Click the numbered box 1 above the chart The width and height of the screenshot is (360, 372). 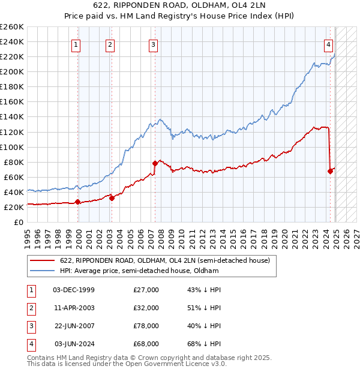pos(77,44)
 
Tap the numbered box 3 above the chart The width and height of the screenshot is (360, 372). pos(154,44)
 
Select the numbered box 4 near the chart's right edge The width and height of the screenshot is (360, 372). pos(329,44)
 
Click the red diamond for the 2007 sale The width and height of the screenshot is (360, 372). pos(155,163)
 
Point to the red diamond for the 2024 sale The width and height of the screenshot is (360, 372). pos(330,171)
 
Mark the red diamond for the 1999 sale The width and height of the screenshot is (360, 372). pos(78,202)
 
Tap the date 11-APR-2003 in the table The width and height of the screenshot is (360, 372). pos(74,307)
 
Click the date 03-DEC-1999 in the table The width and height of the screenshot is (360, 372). pos(74,289)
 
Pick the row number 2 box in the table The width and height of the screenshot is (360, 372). pos(31,308)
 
